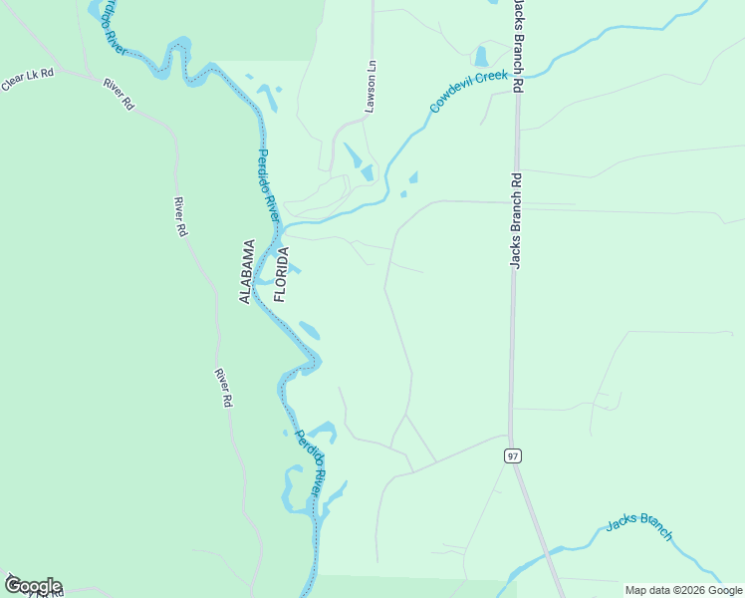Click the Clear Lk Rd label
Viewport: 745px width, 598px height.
click(x=27, y=80)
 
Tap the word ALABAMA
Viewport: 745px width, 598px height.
click(x=247, y=271)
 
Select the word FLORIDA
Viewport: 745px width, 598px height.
click(x=282, y=274)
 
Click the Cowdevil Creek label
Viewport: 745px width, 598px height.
click(x=468, y=91)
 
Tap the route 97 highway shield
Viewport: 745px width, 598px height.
click(x=513, y=455)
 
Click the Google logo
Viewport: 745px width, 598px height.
click(x=33, y=586)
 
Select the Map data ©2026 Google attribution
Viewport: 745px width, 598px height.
click(x=684, y=590)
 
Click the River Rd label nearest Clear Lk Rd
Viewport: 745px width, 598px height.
click(x=118, y=91)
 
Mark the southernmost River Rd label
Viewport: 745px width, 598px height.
click(x=223, y=387)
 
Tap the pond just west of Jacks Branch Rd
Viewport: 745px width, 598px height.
click(x=482, y=56)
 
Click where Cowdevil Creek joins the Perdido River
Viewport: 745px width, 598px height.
click(x=286, y=223)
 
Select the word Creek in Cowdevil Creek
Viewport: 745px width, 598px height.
click(x=492, y=79)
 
